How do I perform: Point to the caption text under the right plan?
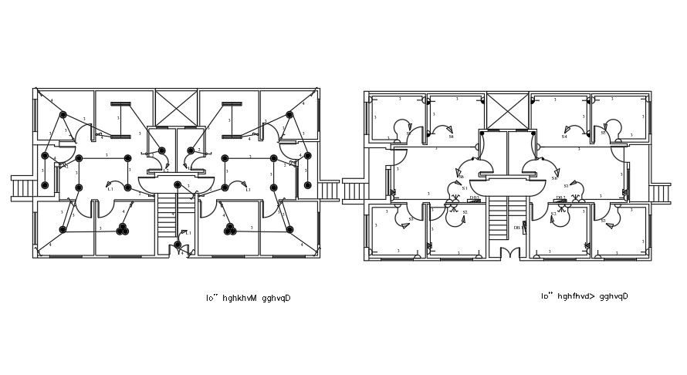(x=584, y=296)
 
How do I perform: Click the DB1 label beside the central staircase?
(x=517, y=228)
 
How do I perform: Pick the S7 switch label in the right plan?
(x=411, y=219)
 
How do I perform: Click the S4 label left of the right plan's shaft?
(x=452, y=137)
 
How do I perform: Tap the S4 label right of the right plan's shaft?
(x=564, y=137)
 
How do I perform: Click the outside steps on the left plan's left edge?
(x=22, y=188)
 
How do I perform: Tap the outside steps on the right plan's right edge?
(x=660, y=193)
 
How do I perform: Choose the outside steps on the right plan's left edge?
(x=354, y=190)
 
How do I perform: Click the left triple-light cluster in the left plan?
(x=122, y=229)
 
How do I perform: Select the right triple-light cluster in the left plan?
(x=229, y=229)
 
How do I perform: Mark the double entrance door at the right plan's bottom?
(x=508, y=253)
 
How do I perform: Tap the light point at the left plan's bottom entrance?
(x=178, y=245)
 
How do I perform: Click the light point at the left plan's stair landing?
(x=178, y=184)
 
